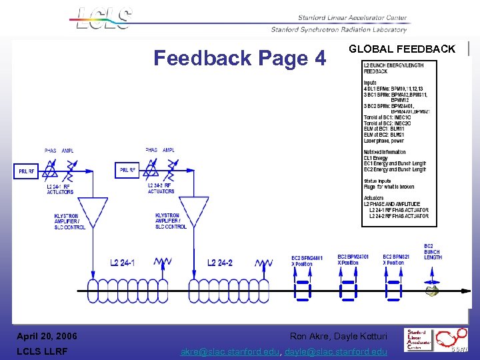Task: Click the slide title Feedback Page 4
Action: [239, 59]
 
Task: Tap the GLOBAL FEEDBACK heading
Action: [402, 49]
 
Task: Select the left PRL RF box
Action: [27, 171]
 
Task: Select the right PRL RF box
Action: [127, 171]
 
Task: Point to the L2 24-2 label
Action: [220, 263]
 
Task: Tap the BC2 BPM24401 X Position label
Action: [307, 261]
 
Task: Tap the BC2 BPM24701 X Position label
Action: [353, 260]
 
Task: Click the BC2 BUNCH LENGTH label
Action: [433, 251]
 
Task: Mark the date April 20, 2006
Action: [47, 336]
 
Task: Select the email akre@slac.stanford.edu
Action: [231, 352]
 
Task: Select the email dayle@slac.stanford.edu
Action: [336, 352]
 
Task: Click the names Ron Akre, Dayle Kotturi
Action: [339, 336]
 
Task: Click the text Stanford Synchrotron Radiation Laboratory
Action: [338, 29]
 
